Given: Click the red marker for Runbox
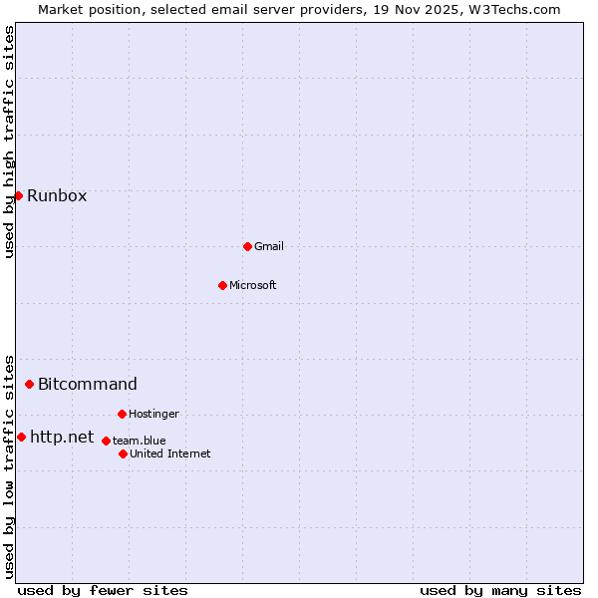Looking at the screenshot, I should pyautogui.click(x=18, y=195).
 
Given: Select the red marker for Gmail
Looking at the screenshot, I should pyautogui.click(x=247, y=246).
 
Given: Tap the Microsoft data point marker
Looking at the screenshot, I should pyautogui.click(x=222, y=285).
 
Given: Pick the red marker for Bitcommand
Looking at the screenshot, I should pyautogui.click(x=29, y=384).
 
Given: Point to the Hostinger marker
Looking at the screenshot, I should pyautogui.click(x=122, y=414).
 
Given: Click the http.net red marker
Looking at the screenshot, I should pyautogui.click(x=21, y=437).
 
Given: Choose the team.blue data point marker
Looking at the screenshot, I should pyautogui.click(x=106, y=441).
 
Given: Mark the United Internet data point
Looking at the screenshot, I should pyautogui.click(x=123, y=453).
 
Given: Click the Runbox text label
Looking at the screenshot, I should pyautogui.click(x=57, y=195).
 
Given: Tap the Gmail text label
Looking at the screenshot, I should pyautogui.click(x=269, y=246).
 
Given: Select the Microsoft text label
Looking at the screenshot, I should pyautogui.click(x=252, y=285).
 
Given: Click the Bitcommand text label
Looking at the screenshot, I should pyautogui.click(x=88, y=384).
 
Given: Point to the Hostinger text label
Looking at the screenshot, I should pyautogui.click(x=153, y=414).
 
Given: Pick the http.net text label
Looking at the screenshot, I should pyautogui.click(x=62, y=437).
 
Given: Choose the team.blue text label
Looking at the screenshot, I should pyautogui.click(x=139, y=441).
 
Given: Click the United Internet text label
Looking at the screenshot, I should pyautogui.click(x=169, y=453).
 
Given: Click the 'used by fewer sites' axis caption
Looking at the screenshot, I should pyautogui.click(x=103, y=590).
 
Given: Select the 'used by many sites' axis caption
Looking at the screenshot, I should pyautogui.click(x=500, y=590).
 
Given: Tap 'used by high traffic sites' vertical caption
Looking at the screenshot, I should pyautogui.click(x=9, y=142).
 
